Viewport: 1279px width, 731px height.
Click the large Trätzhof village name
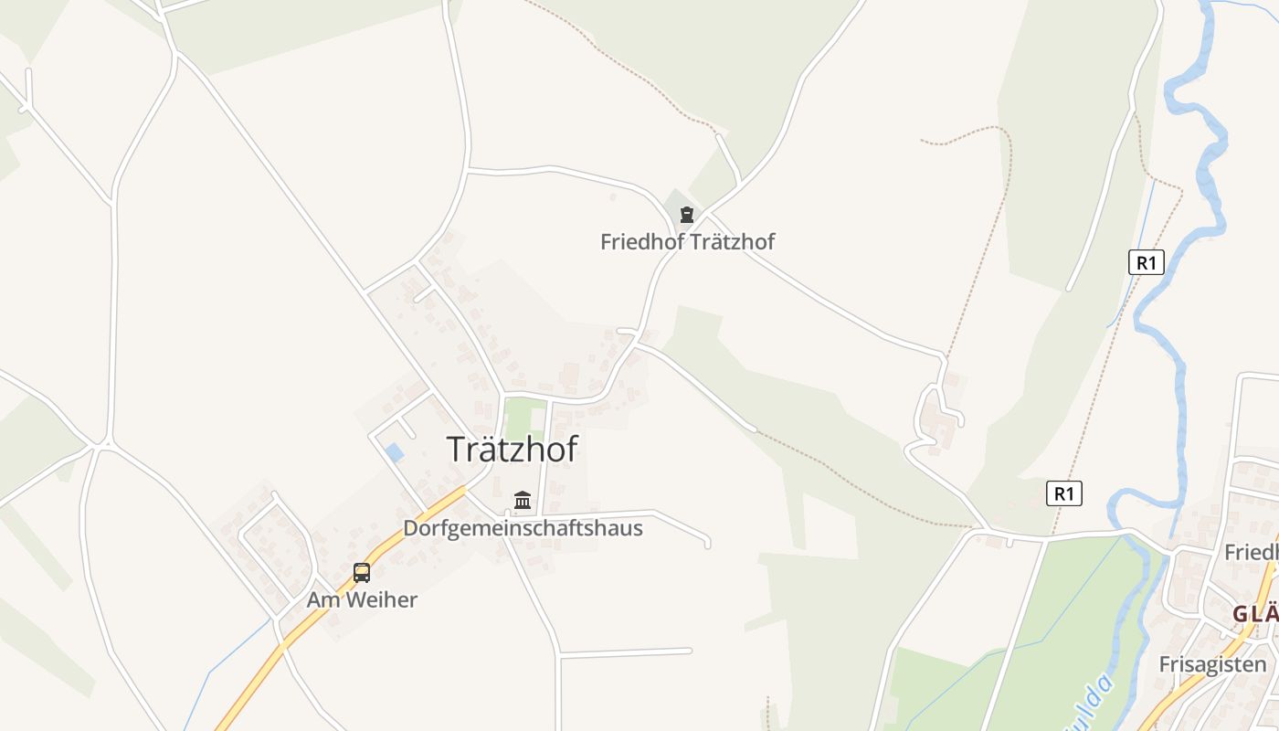(512, 449)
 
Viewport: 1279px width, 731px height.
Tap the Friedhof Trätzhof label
(687, 242)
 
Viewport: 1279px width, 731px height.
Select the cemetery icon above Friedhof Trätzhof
(686, 215)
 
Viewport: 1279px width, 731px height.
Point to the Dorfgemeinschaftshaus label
(523, 528)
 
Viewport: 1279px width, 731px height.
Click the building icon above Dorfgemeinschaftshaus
(523, 500)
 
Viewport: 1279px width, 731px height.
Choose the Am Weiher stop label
(362, 600)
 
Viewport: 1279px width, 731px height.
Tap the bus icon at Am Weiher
(362, 573)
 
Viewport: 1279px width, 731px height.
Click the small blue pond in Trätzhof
(395, 451)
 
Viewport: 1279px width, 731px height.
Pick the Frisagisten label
(1212, 664)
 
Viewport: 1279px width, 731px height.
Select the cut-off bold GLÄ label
(1254, 614)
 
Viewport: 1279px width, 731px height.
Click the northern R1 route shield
(1146, 263)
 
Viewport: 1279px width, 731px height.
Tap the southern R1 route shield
(1063, 494)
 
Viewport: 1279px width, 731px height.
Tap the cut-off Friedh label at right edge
(1251, 552)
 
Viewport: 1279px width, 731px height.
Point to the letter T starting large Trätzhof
(456, 450)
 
